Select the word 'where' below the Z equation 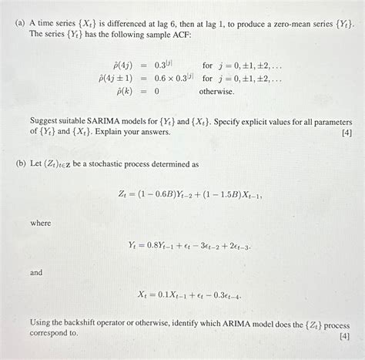[41, 223]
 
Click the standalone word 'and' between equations [37, 273]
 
